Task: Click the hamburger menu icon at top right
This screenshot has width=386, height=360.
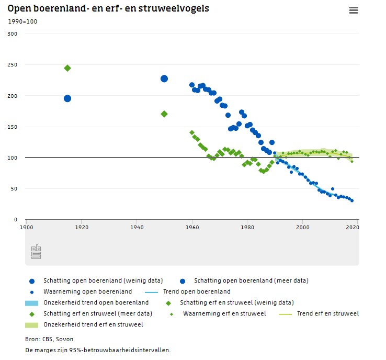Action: click(x=353, y=10)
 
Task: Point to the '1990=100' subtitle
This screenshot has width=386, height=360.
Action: click(x=22, y=21)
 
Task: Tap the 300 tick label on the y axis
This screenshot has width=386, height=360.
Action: click(x=13, y=34)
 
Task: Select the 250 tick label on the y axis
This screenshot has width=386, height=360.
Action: click(x=13, y=65)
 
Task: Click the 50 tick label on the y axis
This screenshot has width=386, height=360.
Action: click(x=14, y=189)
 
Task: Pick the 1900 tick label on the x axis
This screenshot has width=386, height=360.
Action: click(x=26, y=228)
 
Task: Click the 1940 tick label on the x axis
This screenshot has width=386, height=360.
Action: click(x=137, y=228)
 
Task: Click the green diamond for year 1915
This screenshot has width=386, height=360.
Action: click(x=67, y=68)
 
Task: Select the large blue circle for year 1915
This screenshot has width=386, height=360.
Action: click(x=67, y=98)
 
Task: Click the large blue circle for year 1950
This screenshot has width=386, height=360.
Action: click(x=164, y=78)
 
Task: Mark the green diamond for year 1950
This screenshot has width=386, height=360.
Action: click(x=164, y=114)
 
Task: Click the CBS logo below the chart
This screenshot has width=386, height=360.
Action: click(x=36, y=252)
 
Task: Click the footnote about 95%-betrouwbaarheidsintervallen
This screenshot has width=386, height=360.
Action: click(x=98, y=350)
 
